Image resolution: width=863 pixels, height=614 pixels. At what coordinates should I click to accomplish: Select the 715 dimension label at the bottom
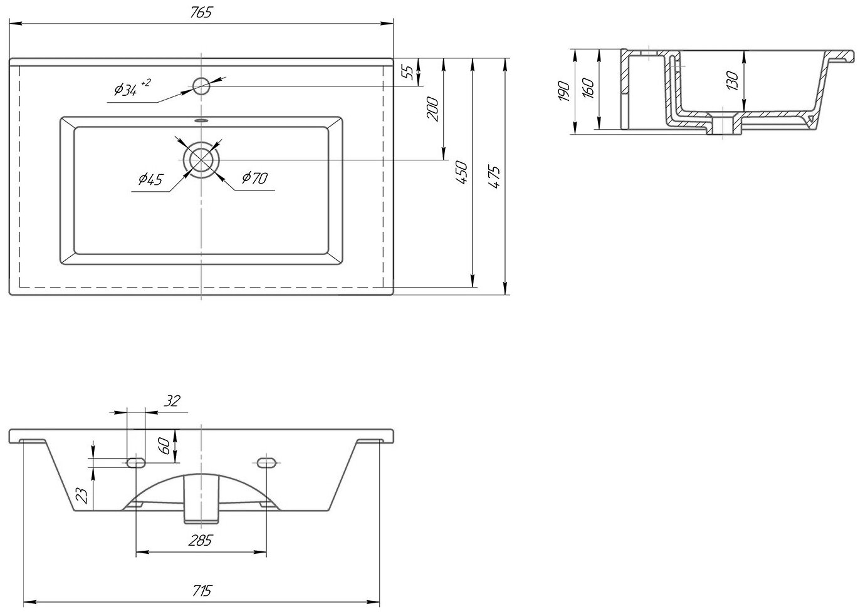[x=202, y=590]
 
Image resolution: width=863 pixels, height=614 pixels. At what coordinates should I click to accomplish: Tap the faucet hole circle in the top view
[x=201, y=86]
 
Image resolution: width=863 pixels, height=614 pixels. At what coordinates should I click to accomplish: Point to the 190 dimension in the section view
[x=564, y=91]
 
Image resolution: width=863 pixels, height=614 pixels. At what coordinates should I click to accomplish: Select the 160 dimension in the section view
[x=588, y=89]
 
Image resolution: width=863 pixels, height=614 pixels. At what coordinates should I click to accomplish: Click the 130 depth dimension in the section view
[x=733, y=80]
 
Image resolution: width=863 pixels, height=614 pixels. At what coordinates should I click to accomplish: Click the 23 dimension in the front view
[x=81, y=497]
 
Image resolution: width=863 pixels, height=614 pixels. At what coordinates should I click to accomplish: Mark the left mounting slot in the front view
[x=136, y=462]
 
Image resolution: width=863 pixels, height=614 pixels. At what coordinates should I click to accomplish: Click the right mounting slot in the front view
[x=266, y=462]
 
